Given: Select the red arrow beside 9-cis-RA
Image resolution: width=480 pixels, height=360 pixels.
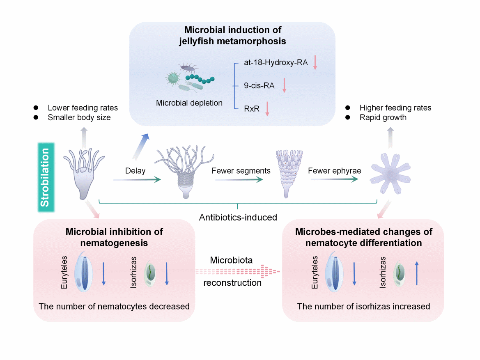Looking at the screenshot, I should coord(284,85).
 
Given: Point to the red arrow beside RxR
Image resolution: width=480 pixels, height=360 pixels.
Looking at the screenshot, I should coord(267,108).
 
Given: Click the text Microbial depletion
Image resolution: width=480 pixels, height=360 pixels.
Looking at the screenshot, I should coord(189,103).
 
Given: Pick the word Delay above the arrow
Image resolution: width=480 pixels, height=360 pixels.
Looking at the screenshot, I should coord(136,171).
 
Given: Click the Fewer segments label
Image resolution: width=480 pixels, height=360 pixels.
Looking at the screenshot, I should coord(241,171).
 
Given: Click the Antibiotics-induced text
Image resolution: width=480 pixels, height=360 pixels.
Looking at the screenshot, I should coord(239,217).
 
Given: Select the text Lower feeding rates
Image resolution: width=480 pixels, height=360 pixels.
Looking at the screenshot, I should coord(83,108).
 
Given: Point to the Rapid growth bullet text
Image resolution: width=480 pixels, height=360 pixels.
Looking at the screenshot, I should coord(383,118).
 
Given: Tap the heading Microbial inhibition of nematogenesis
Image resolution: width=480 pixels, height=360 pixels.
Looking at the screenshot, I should coord(114,237).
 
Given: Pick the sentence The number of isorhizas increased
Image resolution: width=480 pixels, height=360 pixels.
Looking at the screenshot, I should coord(363,306).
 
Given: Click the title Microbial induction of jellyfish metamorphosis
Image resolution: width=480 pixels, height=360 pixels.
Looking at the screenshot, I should coord(232,35).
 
